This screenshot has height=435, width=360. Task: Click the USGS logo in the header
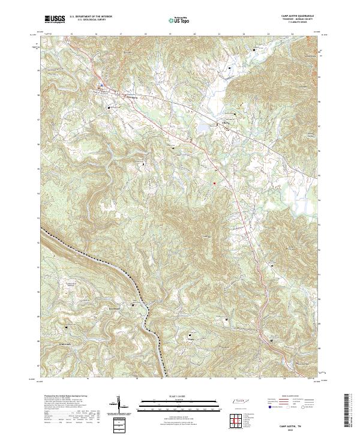click(x=55, y=20)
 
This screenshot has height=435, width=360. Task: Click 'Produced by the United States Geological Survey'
click(x=62, y=397)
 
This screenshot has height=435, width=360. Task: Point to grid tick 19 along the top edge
click(x=170, y=35)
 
